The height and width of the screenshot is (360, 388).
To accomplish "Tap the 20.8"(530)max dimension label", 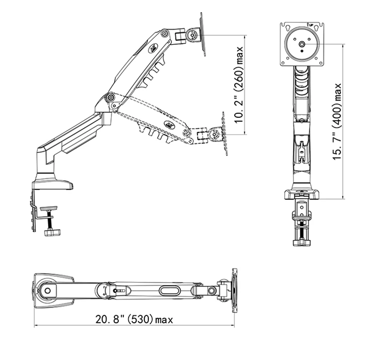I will [x=134, y=319].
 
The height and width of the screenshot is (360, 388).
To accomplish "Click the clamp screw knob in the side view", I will [x=51, y=233].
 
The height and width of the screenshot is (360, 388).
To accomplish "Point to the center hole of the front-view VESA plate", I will [x=302, y=44].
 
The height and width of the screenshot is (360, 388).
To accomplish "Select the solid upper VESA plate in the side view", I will [x=202, y=35].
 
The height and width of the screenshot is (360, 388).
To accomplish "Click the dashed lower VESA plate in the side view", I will [x=225, y=134].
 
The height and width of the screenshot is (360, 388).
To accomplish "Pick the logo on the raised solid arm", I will [x=154, y=48].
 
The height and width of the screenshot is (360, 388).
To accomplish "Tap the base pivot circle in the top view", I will [x=47, y=291].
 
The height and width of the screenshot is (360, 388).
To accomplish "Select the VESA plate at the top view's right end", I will [x=235, y=291].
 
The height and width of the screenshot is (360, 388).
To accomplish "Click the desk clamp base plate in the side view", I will [x=52, y=185].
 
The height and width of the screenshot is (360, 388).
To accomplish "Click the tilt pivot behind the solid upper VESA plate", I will [x=193, y=35].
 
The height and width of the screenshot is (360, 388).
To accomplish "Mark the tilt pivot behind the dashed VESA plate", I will [x=213, y=134].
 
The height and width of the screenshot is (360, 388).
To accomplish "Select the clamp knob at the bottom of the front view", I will [x=302, y=241].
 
